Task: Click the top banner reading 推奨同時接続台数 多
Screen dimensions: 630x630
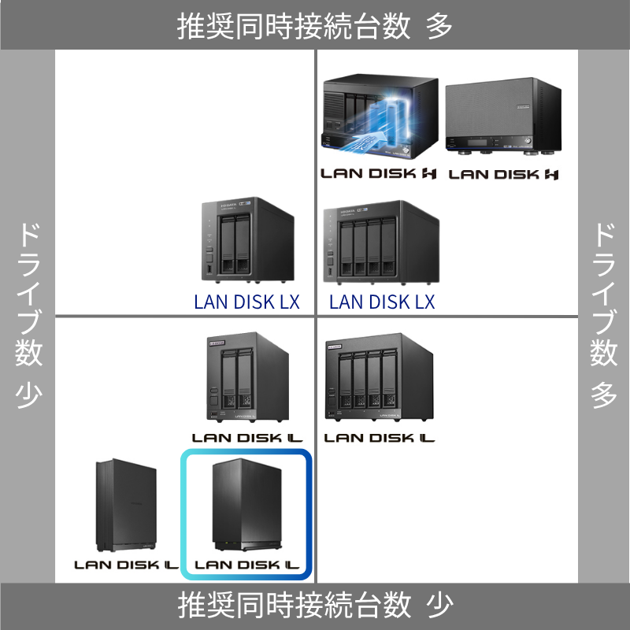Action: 315,26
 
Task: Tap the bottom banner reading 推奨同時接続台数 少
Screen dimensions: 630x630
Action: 315,606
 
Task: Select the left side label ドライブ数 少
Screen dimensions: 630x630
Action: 28,315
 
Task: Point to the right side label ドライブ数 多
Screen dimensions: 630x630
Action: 603,315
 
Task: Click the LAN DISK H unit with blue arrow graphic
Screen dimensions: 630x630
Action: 379,114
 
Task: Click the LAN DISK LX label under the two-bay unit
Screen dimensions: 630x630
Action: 246,302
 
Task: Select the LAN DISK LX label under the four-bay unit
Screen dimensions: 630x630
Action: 382,302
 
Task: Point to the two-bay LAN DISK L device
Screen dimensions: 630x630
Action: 246,378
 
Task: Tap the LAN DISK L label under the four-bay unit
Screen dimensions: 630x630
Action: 380,437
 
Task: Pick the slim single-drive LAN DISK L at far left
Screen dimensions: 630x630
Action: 127,506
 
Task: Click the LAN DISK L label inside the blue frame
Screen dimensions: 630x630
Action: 247,565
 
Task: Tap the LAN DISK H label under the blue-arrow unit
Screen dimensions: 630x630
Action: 379,174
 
